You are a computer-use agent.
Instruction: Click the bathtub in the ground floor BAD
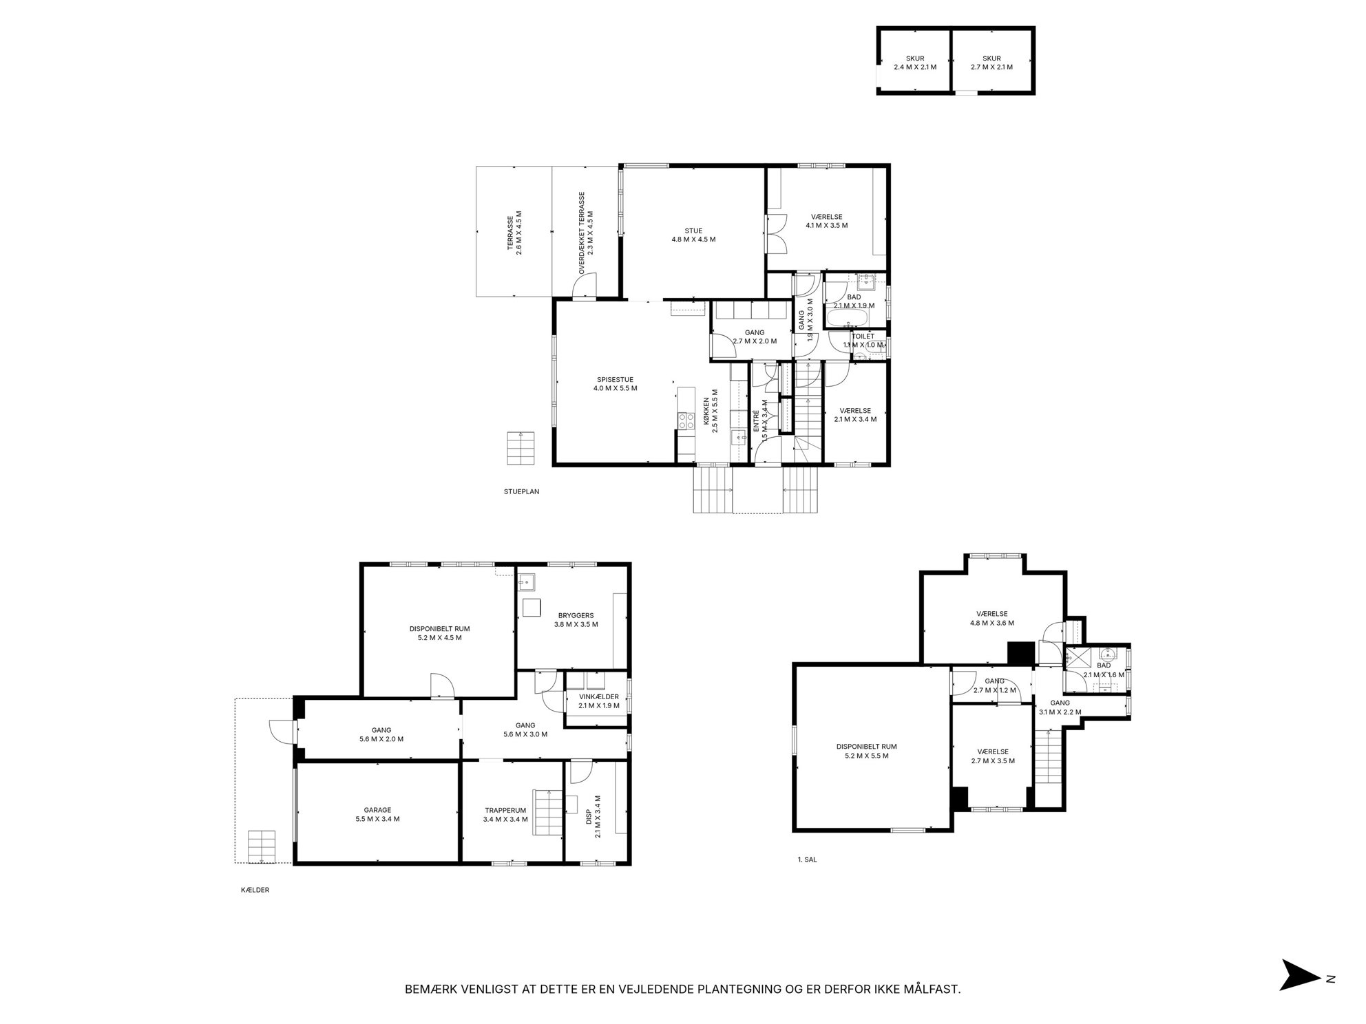pos(848,319)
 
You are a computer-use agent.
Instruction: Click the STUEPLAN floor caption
pos(521,492)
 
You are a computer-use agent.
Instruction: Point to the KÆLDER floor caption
pos(255,890)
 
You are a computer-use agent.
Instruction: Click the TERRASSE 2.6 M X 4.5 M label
pos(514,233)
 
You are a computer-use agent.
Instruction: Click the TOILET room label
pos(863,337)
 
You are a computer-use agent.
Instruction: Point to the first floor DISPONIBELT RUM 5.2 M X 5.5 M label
pos(866,751)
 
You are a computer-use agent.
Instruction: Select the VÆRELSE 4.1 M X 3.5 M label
pos(826,221)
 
